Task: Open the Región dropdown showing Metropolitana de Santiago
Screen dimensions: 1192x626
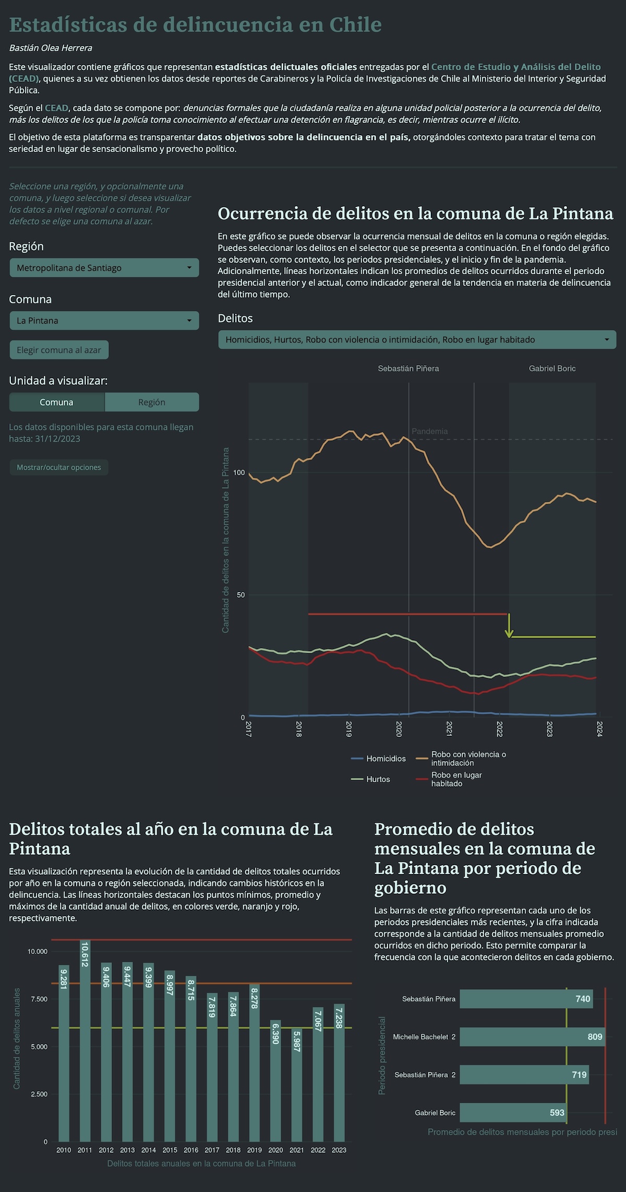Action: tap(104, 268)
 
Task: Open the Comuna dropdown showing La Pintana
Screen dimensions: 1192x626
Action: tap(104, 321)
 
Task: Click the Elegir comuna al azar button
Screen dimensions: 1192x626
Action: tap(59, 350)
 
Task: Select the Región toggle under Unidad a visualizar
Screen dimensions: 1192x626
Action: tap(151, 402)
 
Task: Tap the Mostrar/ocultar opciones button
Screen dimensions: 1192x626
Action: tap(59, 467)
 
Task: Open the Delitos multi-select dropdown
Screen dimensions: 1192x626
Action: tap(417, 339)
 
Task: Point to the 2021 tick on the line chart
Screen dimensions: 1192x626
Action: tap(449, 729)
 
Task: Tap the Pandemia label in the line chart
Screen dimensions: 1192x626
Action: tap(429, 431)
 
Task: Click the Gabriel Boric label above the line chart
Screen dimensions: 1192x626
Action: tap(552, 369)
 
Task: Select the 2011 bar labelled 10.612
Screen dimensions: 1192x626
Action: tap(85, 1042)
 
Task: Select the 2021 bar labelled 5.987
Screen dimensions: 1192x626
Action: tap(297, 1086)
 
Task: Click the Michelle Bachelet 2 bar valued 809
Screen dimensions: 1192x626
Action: tap(532, 1037)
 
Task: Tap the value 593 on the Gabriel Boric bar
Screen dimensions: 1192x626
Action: tap(557, 1113)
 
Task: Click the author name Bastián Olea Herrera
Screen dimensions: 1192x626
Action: tap(51, 48)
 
